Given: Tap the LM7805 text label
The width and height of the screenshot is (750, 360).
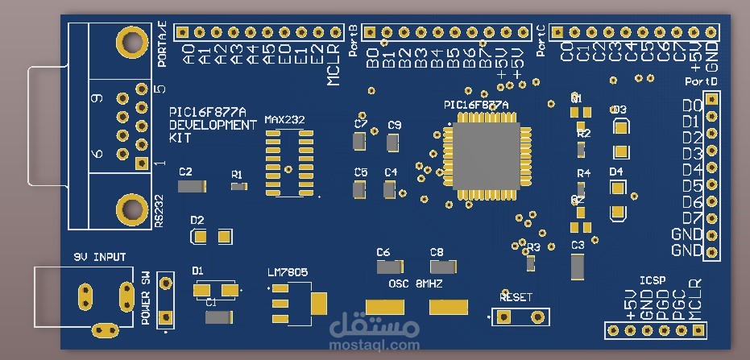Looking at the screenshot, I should (288, 272).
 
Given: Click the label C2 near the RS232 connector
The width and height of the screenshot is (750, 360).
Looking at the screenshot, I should (186, 172).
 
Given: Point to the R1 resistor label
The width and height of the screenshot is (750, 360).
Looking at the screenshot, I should (237, 174).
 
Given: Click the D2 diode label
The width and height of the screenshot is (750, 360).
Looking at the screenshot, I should (197, 220).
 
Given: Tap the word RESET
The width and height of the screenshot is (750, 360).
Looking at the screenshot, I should (516, 297).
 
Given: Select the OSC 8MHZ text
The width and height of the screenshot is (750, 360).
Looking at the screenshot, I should (416, 284).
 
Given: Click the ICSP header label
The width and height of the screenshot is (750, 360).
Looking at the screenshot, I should (652, 280).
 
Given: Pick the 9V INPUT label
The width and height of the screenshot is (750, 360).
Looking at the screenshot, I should (100, 258).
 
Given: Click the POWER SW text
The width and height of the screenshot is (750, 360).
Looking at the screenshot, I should (146, 298).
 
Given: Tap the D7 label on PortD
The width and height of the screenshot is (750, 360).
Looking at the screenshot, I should (691, 218).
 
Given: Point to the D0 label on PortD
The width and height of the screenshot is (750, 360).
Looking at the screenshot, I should (691, 106).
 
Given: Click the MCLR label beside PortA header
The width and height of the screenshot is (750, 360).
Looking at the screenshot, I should (334, 68).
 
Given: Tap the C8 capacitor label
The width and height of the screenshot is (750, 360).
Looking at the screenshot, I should (437, 252).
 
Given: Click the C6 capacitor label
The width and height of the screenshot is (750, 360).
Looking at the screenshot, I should (383, 252).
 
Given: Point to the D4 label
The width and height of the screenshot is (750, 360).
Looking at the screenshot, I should (616, 172).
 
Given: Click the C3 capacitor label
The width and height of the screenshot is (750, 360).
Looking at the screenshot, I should (577, 245).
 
